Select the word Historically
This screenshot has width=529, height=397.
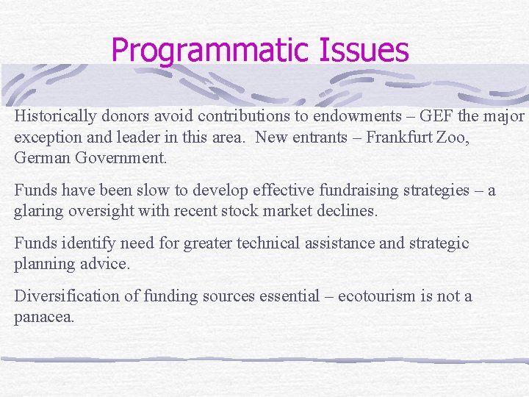(x=56, y=116)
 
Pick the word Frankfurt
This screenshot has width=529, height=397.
(x=405, y=137)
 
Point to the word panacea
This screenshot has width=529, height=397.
(x=43, y=318)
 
